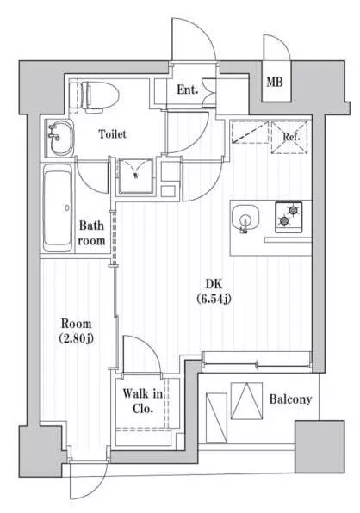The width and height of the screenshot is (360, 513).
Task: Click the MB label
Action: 274,82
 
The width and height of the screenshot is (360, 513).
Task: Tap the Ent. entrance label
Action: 188,90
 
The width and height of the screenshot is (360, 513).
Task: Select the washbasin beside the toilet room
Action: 60,138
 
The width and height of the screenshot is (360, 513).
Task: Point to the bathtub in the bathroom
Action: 58,207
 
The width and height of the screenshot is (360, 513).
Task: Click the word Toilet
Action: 112,133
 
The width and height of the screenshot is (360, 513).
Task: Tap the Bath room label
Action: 91,233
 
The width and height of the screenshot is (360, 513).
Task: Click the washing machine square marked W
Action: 135,176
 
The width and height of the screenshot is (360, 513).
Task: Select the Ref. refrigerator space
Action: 289,137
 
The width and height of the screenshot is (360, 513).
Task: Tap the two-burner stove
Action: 289,217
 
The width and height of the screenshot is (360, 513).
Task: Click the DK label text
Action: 214,284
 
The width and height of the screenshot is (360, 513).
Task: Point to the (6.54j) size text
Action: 214,298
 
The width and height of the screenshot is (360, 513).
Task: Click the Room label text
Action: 77,324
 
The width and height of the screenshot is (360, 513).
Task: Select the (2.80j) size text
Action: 77,338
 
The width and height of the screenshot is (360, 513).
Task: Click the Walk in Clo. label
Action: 143,401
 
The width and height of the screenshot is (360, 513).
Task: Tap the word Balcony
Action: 290,399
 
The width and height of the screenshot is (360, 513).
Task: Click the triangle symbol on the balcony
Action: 246,401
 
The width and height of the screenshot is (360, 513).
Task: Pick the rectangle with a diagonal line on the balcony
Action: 216,418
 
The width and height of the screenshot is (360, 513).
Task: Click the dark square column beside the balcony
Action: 320,447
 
